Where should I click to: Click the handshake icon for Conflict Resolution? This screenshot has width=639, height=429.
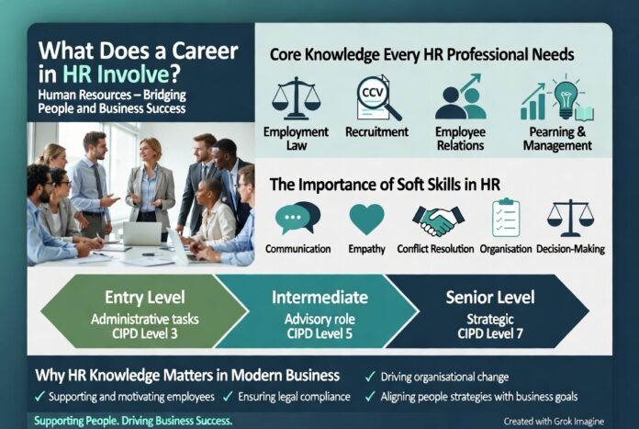(x=436, y=220)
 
